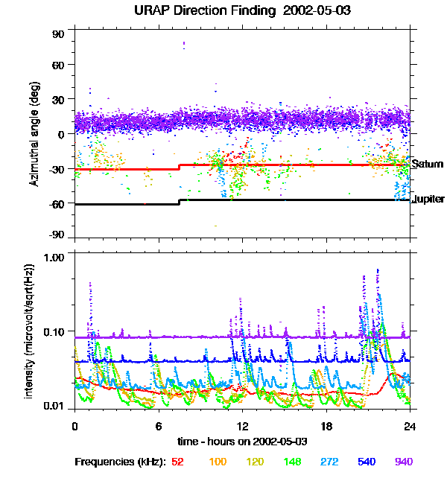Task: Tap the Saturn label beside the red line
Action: [427, 164]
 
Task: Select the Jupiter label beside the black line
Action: [428, 199]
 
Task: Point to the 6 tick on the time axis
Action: [159, 426]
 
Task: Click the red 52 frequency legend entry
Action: [177, 462]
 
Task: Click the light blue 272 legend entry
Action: [328, 462]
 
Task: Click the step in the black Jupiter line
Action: [179, 202]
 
